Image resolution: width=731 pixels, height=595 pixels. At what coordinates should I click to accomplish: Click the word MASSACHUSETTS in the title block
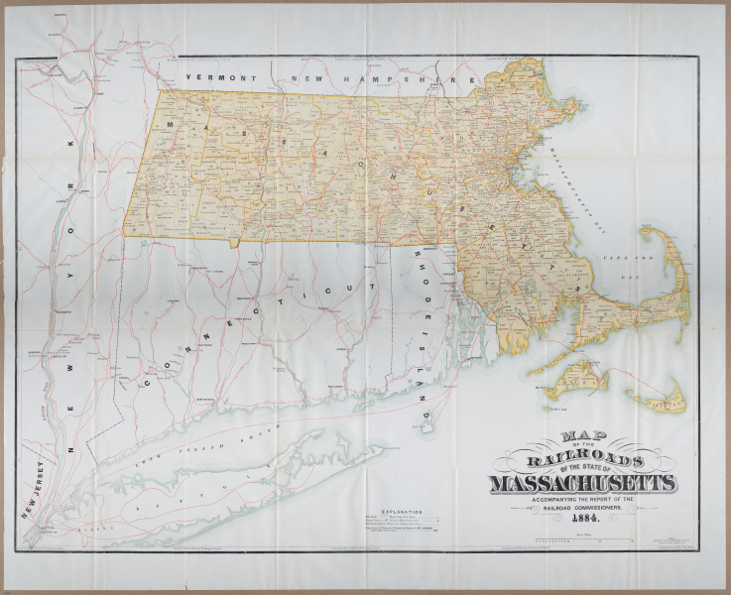coord(582,482)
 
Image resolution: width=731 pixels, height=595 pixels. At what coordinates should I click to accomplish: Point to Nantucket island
coord(656,399)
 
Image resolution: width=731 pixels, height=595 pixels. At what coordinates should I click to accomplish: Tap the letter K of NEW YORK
coord(70,145)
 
